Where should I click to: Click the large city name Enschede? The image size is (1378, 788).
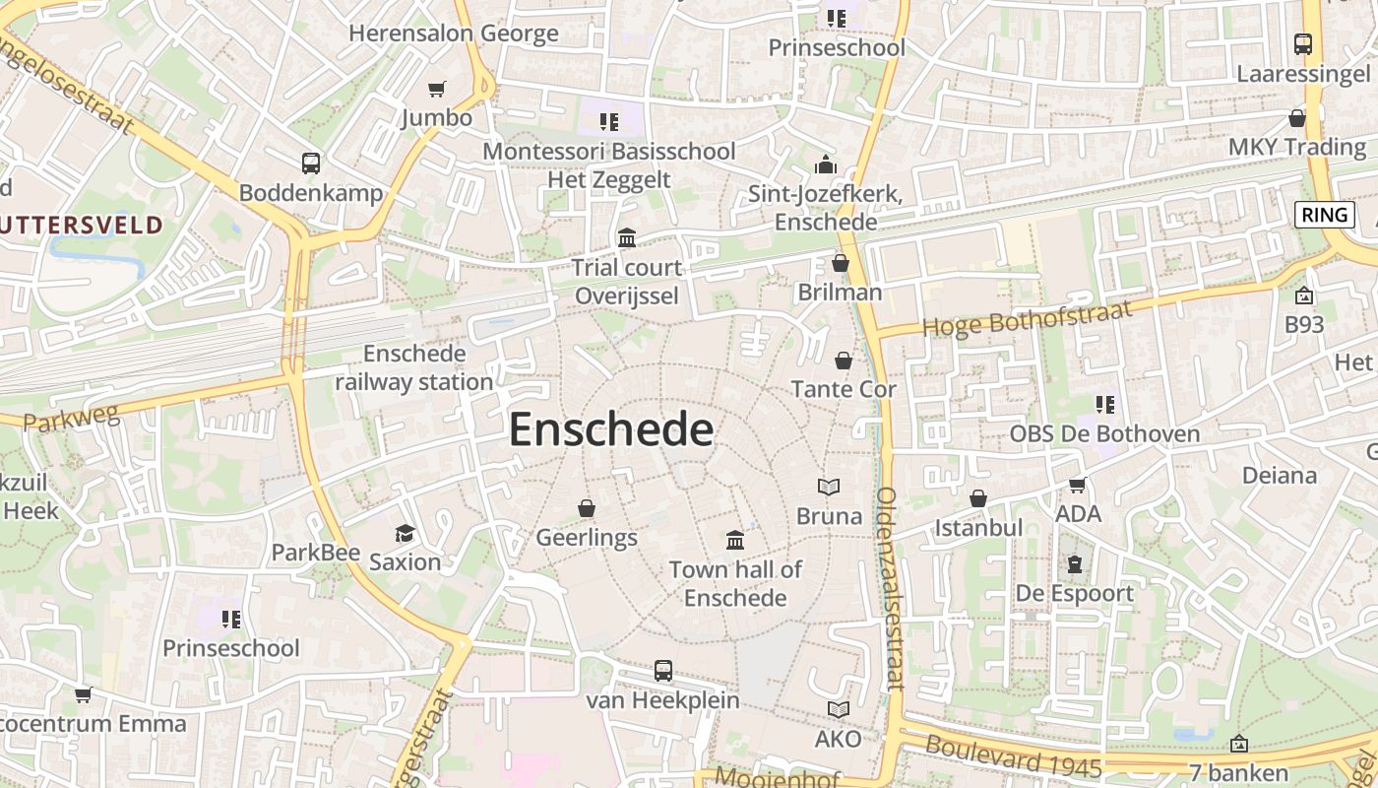point(610,430)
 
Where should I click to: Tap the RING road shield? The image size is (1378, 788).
point(1323,215)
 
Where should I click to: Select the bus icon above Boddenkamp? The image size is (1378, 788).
point(311,164)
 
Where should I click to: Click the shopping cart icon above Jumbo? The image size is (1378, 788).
point(437,89)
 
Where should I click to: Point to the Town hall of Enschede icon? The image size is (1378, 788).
point(735,540)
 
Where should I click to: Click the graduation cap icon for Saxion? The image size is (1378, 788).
point(405,533)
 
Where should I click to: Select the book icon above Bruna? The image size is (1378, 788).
point(829,487)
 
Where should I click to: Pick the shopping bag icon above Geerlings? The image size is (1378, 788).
point(587,508)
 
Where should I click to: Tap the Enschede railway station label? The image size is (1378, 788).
point(414,367)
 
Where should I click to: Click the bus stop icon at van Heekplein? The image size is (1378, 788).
point(663,671)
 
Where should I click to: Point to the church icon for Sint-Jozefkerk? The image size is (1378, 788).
point(826,164)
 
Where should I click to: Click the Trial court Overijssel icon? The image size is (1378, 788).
point(627,237)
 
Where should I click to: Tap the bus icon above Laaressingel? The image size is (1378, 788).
point(1302,44)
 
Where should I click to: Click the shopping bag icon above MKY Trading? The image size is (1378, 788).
point(1297,118)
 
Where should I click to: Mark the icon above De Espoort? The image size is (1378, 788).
point(1074,564)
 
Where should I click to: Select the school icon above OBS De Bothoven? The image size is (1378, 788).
point(1104,404)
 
